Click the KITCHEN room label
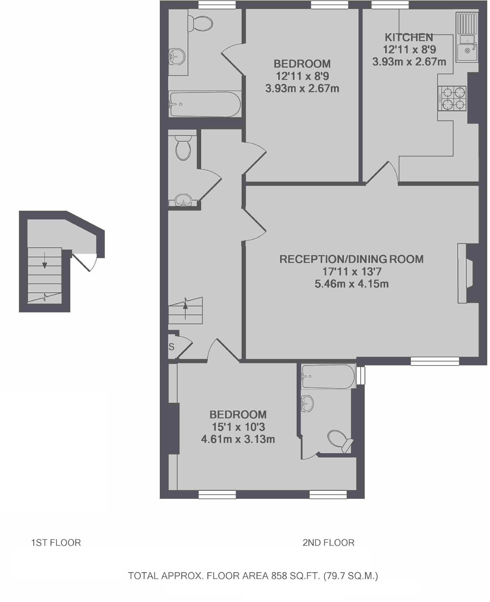409,37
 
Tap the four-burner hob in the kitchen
452,98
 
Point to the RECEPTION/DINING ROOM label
351,259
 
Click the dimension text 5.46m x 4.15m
352,284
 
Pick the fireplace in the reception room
465,273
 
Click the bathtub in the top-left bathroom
205,104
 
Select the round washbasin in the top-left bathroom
177,57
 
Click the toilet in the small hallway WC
183,148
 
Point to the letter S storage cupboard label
171,347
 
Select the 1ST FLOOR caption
56,543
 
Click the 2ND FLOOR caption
328,543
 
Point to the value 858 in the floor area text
279,576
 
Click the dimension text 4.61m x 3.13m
238,439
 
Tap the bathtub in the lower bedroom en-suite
328,376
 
